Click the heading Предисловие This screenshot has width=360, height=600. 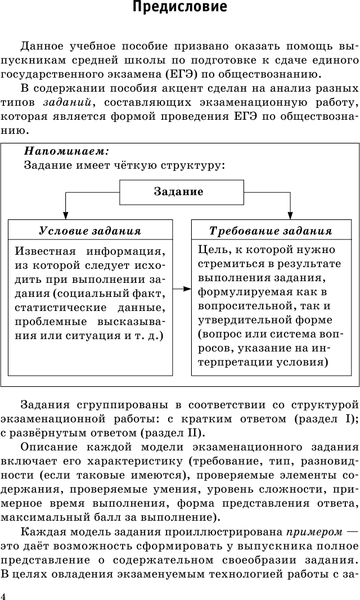tap(179, 11)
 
